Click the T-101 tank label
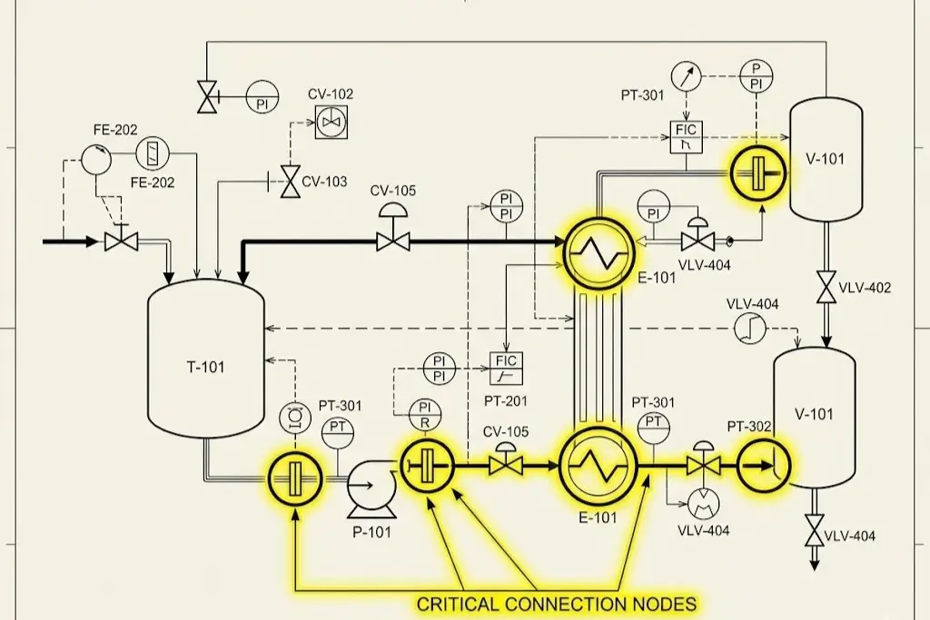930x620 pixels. pyautogui.click(x=205, y=368)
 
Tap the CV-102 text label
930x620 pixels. pyautogui.click(x=331, y=94)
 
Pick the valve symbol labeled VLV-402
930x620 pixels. pyautogui.click(x=826, y=288)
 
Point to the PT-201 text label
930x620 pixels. pyautogui.click(x=507, y=400)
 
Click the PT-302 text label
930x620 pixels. pyautogui.click(x=749, y=426)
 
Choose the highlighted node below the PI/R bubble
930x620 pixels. pyautogui.click(x=427, y=466)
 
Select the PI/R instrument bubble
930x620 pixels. pyautogui.click(x=424, y=415)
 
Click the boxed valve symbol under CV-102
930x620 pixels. pyautogui.click(x=331, y=122)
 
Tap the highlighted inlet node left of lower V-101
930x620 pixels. pyautogui.click(x=764, y=466)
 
